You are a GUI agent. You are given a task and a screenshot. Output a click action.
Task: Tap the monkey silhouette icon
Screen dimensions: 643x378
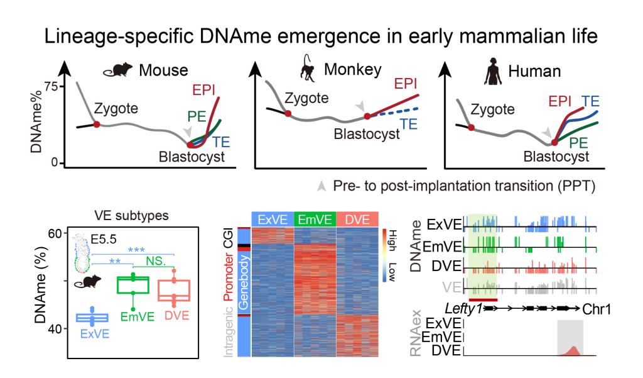click(308, 67)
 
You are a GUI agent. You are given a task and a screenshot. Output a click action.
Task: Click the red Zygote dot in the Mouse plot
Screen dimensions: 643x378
click(96, 124)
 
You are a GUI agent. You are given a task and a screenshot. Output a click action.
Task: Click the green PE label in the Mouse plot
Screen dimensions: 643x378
click(197, 117)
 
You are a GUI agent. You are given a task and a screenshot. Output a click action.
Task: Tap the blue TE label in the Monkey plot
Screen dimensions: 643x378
click(408, 124)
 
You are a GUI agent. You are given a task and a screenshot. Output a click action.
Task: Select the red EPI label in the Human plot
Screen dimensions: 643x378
click(559, 101)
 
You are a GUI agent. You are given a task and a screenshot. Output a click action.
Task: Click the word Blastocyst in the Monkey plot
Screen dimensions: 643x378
click(367, 134)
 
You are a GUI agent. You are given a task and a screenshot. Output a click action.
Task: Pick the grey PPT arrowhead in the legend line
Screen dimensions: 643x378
click(321, 186)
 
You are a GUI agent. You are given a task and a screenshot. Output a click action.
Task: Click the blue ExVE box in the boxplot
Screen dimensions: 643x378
click(92, 318)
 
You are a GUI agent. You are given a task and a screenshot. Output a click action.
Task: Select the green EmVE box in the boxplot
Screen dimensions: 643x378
click(133, 285)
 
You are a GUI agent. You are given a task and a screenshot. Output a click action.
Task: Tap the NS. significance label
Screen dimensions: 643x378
click(156, 261)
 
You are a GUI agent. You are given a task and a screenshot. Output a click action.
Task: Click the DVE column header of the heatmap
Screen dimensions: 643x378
click(357, 220)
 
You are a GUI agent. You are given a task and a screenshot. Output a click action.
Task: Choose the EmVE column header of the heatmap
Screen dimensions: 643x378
click(315, 220)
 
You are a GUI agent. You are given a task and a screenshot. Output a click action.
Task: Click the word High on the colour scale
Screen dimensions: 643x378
click(392, 240)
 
